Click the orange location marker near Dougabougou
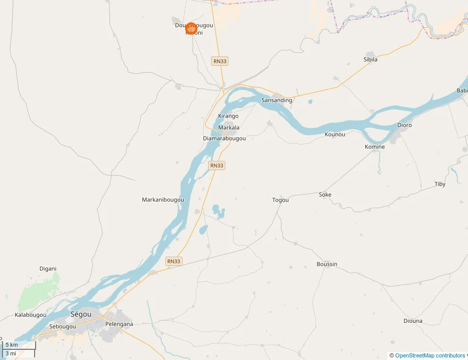pos(191,29)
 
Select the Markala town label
pos(228,127)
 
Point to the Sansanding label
pos(277,100)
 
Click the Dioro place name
pos(404,125)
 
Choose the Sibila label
pos(370,60)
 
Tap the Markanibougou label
pos(163,200)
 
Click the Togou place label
pos(280,200)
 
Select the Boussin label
pos(327,264)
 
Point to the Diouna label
pos(413,321)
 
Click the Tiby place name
pos(440,184)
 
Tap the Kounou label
pos(335,134)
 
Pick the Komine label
pos(375,147)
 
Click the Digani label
pos(48,268)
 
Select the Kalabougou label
pos(31,315)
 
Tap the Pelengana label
pos(119,324)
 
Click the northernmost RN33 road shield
pos(220,61)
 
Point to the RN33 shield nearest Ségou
pos(173,261)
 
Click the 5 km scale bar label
pos(11,345)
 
